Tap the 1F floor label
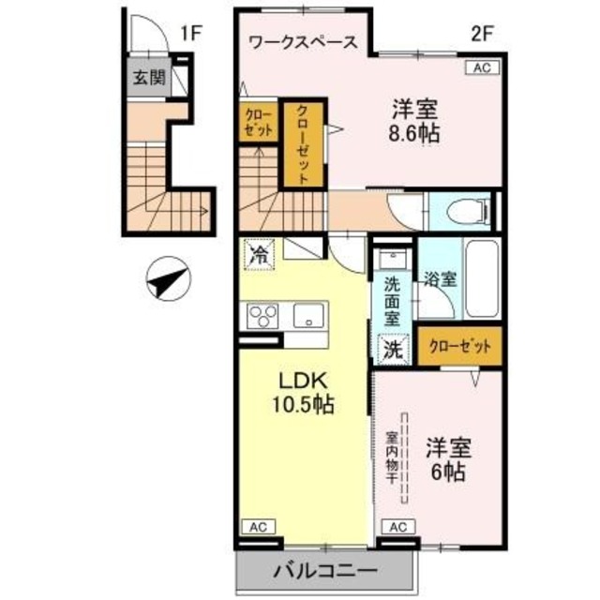click(x=191, y=35)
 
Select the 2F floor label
click(x=481, y=35)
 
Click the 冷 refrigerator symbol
click(x=260, y=253)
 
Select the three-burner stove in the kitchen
click(x=262, y=317)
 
